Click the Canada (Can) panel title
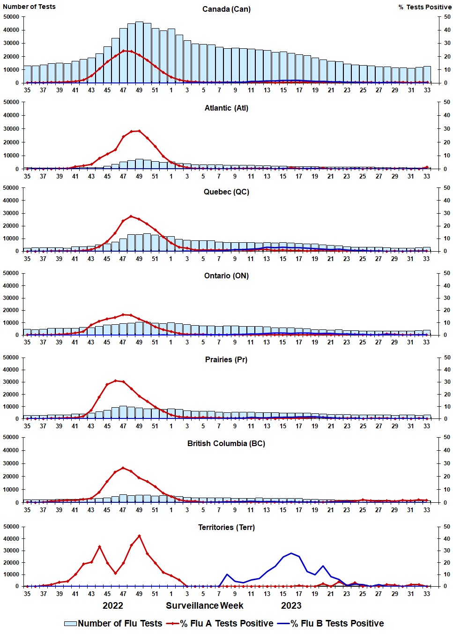click(226, 9)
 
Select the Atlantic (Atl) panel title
click(226, 108)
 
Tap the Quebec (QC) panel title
click(226, 192)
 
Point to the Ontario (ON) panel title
click(226, 276)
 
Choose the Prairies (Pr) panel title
click(226, 360)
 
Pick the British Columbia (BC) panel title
click(226, 444)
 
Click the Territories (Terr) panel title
click(226, 528)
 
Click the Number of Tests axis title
click(29, 7)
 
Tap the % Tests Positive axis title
click(425, 7)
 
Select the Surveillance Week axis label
click(205, 605)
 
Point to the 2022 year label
click(113, 605)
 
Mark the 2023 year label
click(291, 605)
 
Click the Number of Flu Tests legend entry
click(113, 624)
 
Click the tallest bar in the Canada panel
click(139, 52)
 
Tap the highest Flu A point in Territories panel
click(139, 536)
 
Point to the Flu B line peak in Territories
click(291, 553)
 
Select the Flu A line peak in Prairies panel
click(115, 380)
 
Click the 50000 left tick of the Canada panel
click(11, 17)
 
